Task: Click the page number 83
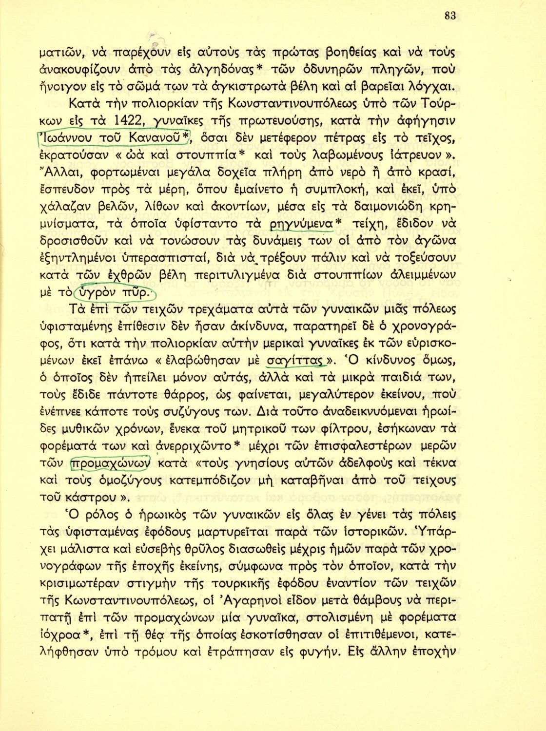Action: (x=449, y=16)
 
